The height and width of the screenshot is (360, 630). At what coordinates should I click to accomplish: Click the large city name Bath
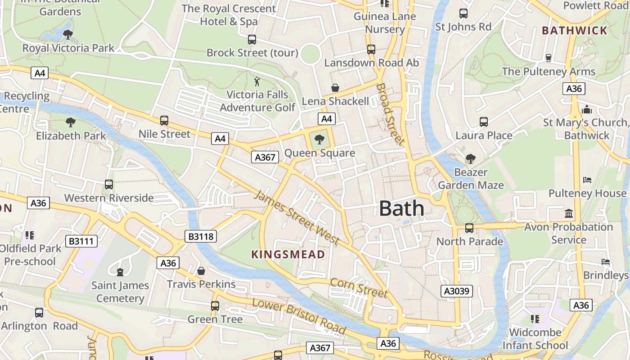click(x=401, y=209)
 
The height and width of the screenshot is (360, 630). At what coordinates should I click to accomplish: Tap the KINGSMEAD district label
click(x=288, y=255)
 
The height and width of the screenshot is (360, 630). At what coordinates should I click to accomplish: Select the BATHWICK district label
click(x=575, y=31)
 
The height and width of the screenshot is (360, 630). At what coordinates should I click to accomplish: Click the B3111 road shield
click(x=81, y=242)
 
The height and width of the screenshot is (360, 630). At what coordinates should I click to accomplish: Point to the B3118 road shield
click(x=201, y=236)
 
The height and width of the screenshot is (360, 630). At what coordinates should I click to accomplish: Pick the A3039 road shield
click(x=456, y=291)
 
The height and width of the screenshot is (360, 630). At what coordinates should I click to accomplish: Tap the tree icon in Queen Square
click(x=319, y=139)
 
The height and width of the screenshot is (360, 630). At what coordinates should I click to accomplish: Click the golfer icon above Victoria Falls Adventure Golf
click(x=257, y=81)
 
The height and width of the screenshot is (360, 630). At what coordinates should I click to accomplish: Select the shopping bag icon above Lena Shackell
click(x=335, y=87)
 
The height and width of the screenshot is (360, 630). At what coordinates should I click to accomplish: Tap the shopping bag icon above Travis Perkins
click(x=201, y=270)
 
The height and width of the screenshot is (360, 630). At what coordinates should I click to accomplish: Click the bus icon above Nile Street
click(x=164, y=120)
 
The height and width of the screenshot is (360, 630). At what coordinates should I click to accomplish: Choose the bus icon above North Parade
click(x=469, y=228)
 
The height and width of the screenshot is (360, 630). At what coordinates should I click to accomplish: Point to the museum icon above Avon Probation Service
click(x=569, y=213)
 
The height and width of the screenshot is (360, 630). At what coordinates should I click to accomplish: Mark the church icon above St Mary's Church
click(x=587, y=109)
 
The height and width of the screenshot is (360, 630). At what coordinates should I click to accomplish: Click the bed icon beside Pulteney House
click(x=587, y=180)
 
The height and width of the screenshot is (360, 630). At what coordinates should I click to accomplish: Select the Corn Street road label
click(x=359, y=288)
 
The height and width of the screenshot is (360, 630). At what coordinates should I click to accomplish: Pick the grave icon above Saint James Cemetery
click(x=120, y=272)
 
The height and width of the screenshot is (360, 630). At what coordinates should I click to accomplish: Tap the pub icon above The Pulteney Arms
click(x=548, y=58)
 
